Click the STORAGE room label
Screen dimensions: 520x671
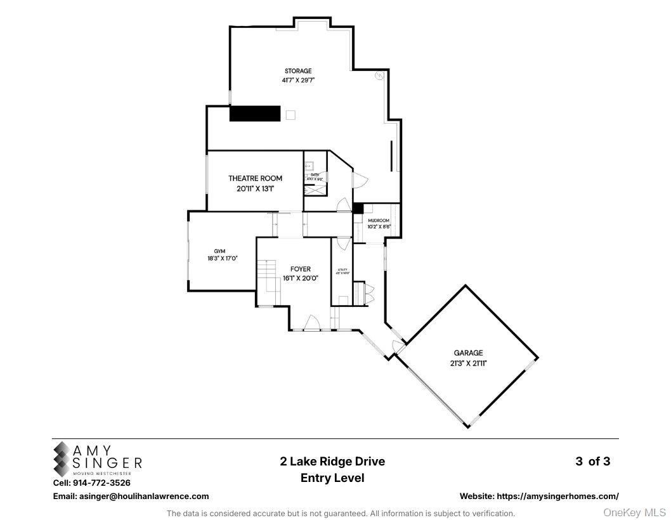click(x=297, y=71)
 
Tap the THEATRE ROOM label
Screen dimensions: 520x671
click(x=256, y=179)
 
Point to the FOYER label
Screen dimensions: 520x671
click(x=300, y=270)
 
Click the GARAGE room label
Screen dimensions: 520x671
click(x=468, y=353)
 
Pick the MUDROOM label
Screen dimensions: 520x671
click(x=379, y=221)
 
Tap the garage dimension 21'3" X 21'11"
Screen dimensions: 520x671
click(x=468, y=363)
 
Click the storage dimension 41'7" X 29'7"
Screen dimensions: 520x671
click(x=298, y=81)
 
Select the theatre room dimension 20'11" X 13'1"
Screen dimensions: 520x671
click(x=256, y=188)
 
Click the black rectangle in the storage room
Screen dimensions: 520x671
click(x=255, y=114)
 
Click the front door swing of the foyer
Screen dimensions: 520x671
click(x=311, y=323)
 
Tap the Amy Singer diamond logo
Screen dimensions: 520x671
click(x=63, y=459)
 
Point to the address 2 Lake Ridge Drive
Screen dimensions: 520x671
click(x=332, y=462)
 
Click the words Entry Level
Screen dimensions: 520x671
click(x=332, y=478)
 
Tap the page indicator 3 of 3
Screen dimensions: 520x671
click(x=592, y=462)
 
